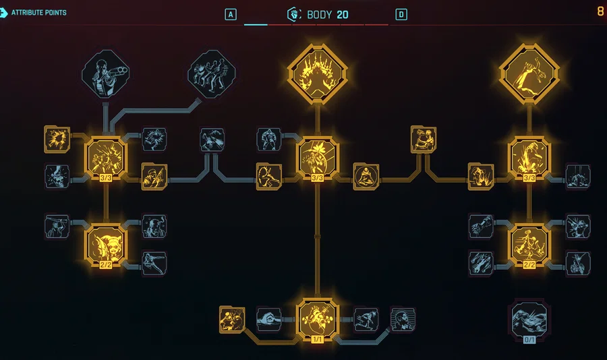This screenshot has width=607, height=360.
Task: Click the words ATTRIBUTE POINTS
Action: click(x=38, y=12)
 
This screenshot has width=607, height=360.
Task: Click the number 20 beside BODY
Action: click(x=342, y=15)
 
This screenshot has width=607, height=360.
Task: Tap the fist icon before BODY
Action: click(x=294, y=14)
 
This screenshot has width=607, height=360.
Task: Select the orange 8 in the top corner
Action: click(x=600, y=11)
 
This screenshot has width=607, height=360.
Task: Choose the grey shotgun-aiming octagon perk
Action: click(x=106, y=74)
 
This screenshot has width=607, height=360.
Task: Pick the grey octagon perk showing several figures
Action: click(x=212, y=74)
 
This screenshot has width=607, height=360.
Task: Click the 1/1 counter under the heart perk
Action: click(x=318, y=340)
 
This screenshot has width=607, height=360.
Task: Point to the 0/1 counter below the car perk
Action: click(x=529, y=340)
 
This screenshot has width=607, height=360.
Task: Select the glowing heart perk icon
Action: click(x=318, y=318)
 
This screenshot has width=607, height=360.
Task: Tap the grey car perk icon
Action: click(x=529, y=319)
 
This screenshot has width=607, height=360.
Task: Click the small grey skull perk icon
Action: click(x=57, y=177)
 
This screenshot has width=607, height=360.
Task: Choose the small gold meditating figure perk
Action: click(x=366, y=177)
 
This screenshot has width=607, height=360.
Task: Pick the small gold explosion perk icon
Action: click(x=57, y=140)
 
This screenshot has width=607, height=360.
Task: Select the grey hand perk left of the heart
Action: click(x=268, y=320)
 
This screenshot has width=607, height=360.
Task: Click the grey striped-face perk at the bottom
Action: click(x=403, y=320)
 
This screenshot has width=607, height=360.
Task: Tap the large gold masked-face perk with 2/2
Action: click(x=106, y=244)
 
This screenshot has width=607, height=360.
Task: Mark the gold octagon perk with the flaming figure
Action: click(x=318, y=74)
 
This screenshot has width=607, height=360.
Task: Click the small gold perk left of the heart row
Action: click(x=232, y=320)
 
